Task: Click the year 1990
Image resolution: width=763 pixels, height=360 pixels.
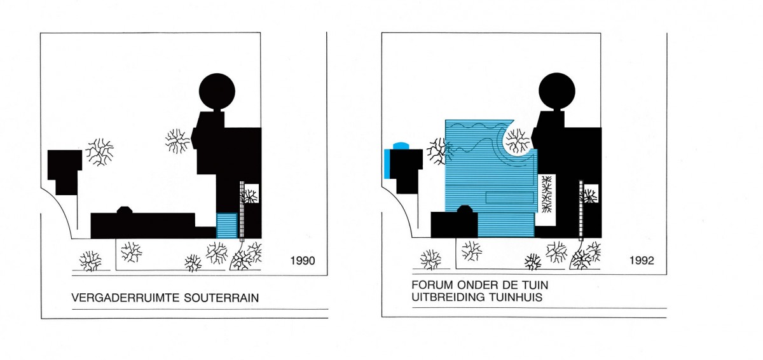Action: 303,261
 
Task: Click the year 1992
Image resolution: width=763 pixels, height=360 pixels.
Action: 642,261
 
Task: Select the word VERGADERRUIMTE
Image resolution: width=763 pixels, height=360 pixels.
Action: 126,298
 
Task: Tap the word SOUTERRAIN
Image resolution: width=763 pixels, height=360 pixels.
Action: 221,298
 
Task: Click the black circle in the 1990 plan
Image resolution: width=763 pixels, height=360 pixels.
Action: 217,92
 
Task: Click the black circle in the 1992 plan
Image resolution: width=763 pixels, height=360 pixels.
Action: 557,91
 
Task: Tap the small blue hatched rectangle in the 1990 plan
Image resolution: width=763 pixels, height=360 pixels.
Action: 227,226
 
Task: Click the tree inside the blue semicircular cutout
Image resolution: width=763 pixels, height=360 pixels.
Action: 518,141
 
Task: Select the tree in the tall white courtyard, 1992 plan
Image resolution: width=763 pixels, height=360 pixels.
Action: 547,194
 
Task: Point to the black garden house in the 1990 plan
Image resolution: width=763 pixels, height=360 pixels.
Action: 65,172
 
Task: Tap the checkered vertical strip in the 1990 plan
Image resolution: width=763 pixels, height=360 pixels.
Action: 242,209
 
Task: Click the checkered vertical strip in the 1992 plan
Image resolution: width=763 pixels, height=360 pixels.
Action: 581,209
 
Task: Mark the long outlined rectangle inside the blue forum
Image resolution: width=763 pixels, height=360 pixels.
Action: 509,198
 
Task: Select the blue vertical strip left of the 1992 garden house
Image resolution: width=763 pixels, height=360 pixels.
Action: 387,163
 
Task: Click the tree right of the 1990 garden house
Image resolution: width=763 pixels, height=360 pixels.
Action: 99,152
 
